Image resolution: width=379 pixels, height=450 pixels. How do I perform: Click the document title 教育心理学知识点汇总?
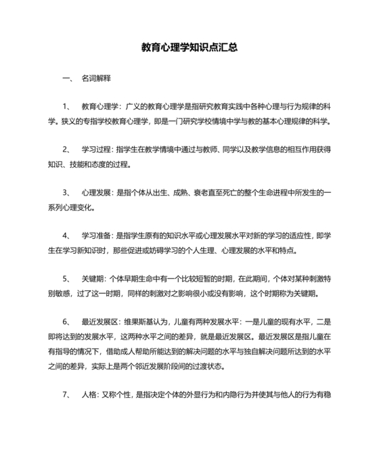click(x=189, y=48)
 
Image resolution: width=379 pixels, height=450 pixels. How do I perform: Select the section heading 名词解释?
click(x=95, y=79)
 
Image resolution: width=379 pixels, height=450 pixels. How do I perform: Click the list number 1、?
click(x=66, y=107)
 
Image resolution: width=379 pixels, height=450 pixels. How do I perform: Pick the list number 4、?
click(x=66, y=236)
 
